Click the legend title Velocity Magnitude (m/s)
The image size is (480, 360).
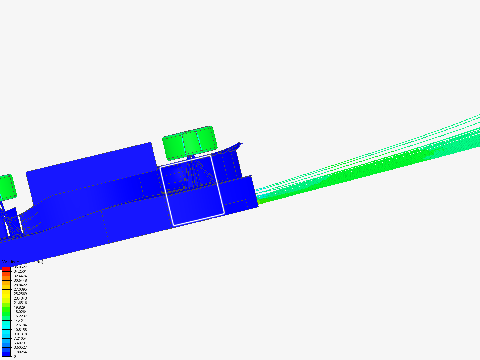(x=23, y=262)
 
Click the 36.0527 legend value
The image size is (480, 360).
(x=20, y=267)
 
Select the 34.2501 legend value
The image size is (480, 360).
(x=20, y=271)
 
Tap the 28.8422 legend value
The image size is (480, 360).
(x=20, y=285)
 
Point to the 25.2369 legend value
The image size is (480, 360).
(x=20, y=294)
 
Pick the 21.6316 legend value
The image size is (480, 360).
(x=20, y=303)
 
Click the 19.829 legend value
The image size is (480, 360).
(x=19, y=307)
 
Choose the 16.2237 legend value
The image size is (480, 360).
(x=20, y=316)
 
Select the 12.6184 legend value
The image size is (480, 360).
(x=20, y=325)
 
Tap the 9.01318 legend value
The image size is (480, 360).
(x=20, y=334)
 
